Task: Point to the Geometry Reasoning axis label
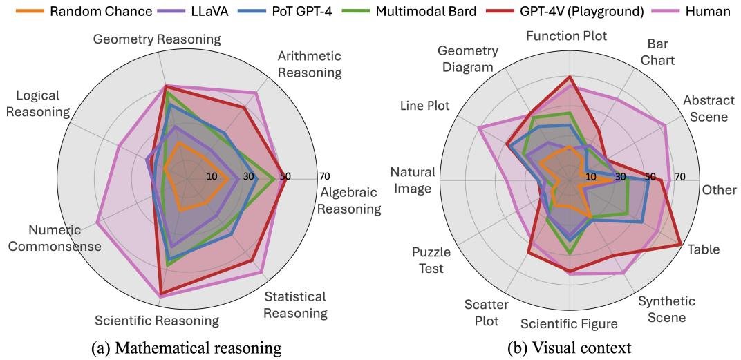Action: tap(157, 39)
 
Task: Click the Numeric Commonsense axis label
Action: tap(64, 238)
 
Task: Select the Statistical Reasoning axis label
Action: tap(295, 305)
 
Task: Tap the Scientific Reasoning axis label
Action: tap(157, 321)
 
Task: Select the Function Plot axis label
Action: tap(566, 36)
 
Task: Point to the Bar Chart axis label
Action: tap(657, 53)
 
